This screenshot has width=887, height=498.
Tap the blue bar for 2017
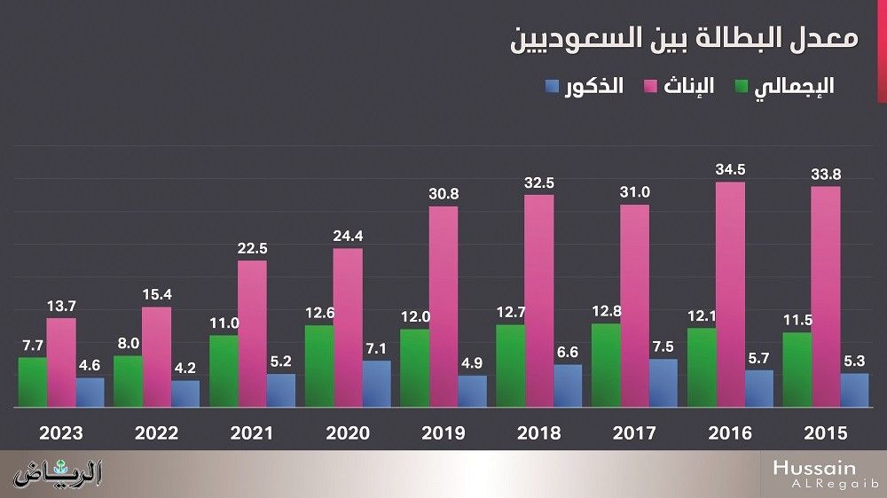coord(663,384)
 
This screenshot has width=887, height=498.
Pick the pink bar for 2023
coord(61,362)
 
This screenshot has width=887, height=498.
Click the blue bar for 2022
coord(185,394)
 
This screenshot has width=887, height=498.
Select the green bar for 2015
coord(797,370)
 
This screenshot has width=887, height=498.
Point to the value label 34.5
coord(730,168)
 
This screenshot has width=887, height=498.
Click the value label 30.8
coord(443,193)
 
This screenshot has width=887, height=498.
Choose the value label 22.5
coord(253,247)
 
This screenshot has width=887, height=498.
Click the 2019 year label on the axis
coord(443,433)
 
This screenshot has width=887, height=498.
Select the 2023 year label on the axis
coord(61,433)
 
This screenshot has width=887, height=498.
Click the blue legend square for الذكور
coord(552,87)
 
